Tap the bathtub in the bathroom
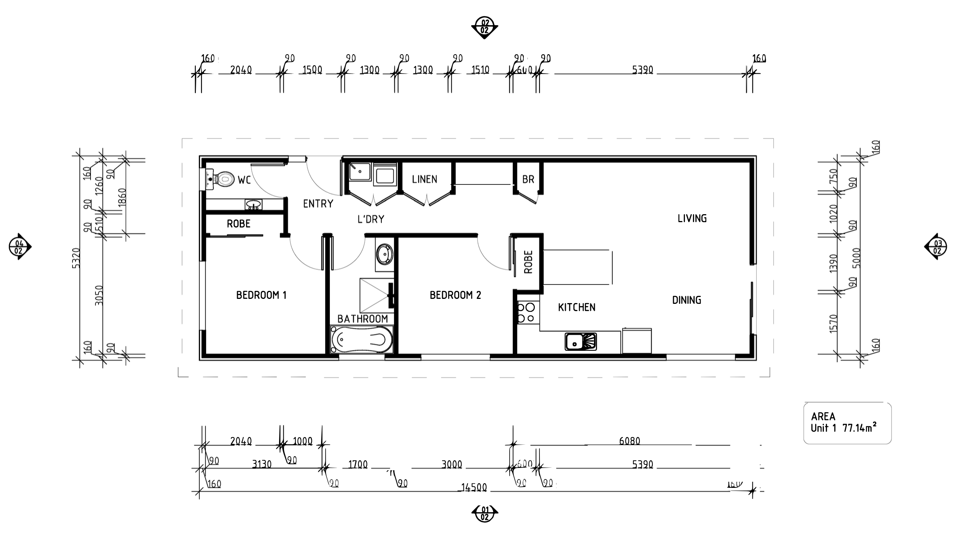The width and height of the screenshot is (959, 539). point(361,339)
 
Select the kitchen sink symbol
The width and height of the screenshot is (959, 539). point(581,342)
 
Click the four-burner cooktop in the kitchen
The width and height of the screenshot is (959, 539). point(526,312)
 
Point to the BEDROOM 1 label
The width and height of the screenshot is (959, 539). point(261,295)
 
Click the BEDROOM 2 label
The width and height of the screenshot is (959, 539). point(455,295)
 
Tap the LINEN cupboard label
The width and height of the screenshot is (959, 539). point(424,179)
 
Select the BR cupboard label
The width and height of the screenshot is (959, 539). point(528,179)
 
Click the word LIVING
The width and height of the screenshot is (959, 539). point(692,218)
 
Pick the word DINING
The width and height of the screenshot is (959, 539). point(686,300)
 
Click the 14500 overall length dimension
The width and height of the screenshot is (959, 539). point(474,487)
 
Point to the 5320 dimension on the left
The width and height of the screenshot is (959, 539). point(76,258)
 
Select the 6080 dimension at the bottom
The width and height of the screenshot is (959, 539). point(629,441)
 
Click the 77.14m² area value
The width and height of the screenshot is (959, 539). point(859,428)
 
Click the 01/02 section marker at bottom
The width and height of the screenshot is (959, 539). point(484,514)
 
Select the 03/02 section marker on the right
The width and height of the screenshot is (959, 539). point(937,247)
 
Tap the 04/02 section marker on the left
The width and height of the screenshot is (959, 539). point(19,247)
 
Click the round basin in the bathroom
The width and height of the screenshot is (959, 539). point(384,255)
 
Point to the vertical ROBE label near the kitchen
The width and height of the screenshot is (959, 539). point(528,262)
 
